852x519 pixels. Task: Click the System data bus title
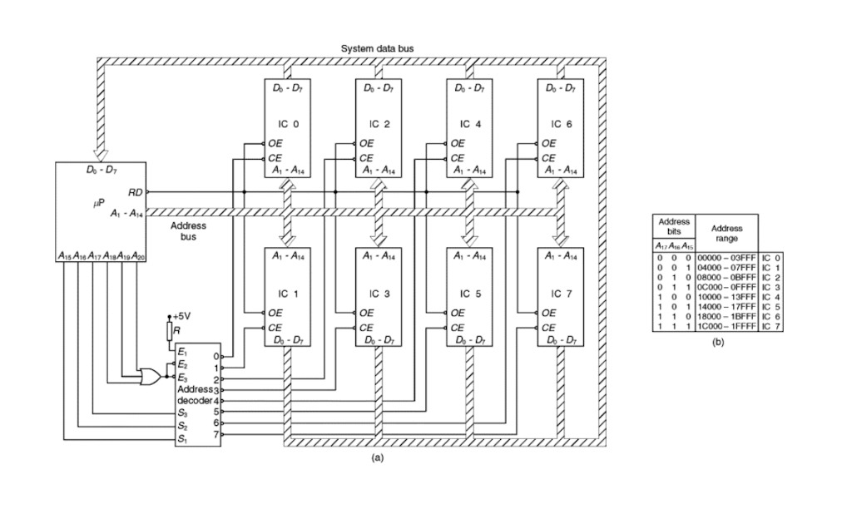pyautogui.click(x=377, y=49)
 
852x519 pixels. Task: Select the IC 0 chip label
pyautogui.click(x=283, y=124)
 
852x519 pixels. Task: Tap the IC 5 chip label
pyautogui.click(x=466, y=294)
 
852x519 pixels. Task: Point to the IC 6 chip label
pyautogui.click(x=558, y=124)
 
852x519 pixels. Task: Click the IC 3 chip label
pyautogui.click(x=374, y=294)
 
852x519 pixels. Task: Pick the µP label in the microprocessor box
pyautogui.click(x=98, y=202)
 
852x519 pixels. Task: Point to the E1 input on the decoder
pyautogui.click(x=182, y=353)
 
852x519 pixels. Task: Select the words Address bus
pyautogui.click(x=188, y=230)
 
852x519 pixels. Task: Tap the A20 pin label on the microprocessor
pyautogui.click(x=138, y=255)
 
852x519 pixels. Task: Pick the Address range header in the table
pyautogui.click(x=727, y=233)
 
